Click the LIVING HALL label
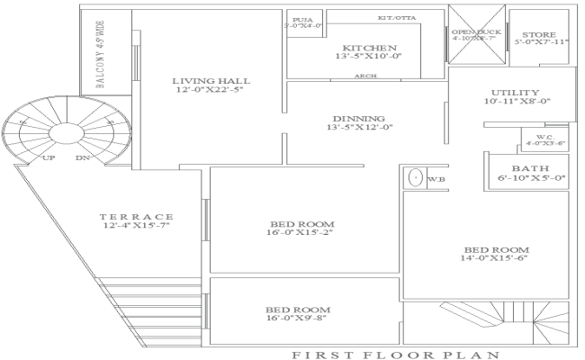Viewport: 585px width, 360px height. pos(211,81)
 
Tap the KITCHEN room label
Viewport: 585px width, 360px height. pos(369,47)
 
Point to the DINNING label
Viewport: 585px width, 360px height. pos(358,118)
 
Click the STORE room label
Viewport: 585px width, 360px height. pos(541,33)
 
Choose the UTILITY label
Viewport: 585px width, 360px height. pos(516,93)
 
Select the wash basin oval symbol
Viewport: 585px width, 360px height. pos(414,177)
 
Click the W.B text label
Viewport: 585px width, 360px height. pos(437,179)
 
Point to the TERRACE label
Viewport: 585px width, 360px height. pos(136,217)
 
